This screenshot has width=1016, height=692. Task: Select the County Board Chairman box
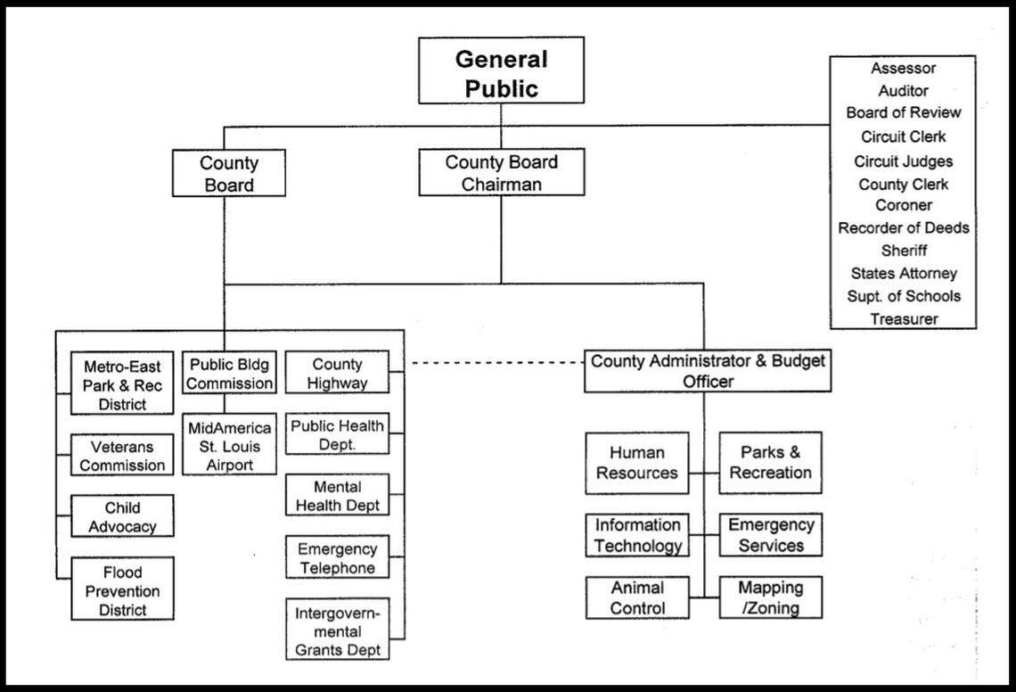tap(501, 172)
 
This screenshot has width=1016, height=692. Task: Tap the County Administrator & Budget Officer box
tap(708, 371)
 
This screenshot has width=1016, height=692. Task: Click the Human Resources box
tap(636, 463)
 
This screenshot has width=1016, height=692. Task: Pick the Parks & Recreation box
tap(770, 463)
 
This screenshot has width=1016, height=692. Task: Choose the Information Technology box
tap(636, 535)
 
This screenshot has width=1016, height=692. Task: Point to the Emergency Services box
tap(770, 535)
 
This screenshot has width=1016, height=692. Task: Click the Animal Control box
tap(636, 598)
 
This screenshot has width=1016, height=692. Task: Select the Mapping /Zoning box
tap(770, 598)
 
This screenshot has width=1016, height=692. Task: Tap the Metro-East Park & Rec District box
tap(122, 384)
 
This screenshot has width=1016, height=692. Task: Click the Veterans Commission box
tap(122, 456)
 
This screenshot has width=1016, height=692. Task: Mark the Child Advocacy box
tap(122, 516)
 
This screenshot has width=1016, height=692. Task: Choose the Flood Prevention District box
tap(122, 590)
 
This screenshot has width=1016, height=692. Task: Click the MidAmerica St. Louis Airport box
tap(229, 446)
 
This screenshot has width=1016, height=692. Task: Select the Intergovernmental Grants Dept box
tap(338, 631)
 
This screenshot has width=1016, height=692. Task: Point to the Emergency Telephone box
tap(338, 558)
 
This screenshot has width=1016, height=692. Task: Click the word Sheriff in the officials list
tap(904, 251)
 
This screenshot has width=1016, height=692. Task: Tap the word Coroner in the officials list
tap(904, 205)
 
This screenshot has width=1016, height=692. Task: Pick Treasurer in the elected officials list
tap(904, 318)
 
